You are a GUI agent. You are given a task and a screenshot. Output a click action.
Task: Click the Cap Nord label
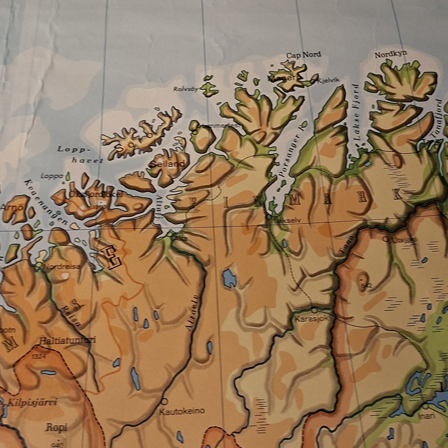click(304, 55)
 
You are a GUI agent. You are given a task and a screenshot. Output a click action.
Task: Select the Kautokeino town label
click(182, 411)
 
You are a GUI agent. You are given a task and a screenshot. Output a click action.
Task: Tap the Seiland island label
click(168, 164)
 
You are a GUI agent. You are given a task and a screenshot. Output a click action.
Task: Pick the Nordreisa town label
click(62, 267)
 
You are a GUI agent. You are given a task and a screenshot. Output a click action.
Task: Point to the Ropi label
click(56, 427)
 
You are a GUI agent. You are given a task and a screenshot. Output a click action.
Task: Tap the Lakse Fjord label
click(357, 116)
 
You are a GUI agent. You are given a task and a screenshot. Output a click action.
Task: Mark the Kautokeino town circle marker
click(164, 402)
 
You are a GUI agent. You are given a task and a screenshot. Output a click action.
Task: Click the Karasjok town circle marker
click(314, 310)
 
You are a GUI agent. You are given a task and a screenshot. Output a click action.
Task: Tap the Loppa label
click(52, 176)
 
